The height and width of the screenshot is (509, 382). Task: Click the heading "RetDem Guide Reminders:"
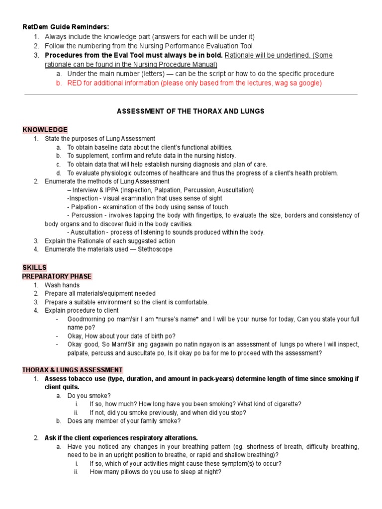tap(66, 27)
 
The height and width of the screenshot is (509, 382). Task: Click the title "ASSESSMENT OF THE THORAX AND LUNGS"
tap(191, 111)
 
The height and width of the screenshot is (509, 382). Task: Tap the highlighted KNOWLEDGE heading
tap(45, 130)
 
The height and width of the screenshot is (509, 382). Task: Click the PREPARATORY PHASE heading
tap(57, 276)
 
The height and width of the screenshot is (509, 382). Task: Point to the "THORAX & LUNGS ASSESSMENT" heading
tap(73, 370)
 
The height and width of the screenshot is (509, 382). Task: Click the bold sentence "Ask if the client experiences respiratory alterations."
tap(121, 438)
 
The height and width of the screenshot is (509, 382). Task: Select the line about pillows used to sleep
tap(155, 472)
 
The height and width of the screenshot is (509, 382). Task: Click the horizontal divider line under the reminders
tap(191, 94)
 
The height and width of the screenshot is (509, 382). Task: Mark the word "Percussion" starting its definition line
tap(88, 215)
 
